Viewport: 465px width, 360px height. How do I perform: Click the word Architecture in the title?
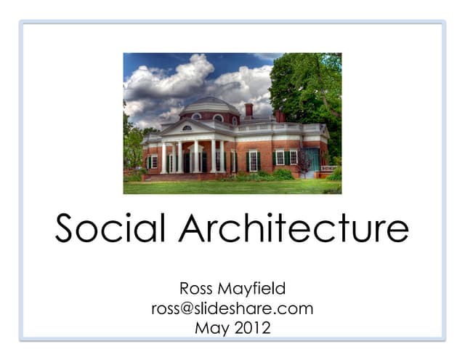coord(294,230)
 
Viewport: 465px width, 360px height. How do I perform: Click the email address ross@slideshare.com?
coord(232,308)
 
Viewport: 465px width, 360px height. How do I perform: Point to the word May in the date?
coord(211,328)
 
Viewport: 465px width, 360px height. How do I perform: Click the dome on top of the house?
coord(209,105)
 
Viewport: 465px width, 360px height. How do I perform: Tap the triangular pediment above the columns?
coord(188,127)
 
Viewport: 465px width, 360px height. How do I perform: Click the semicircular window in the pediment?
coord(188,129)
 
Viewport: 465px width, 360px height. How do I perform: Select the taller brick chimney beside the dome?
coord(249,110)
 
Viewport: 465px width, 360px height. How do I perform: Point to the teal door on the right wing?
coord(312,159)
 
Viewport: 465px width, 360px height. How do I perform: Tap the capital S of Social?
coord(68,230)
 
